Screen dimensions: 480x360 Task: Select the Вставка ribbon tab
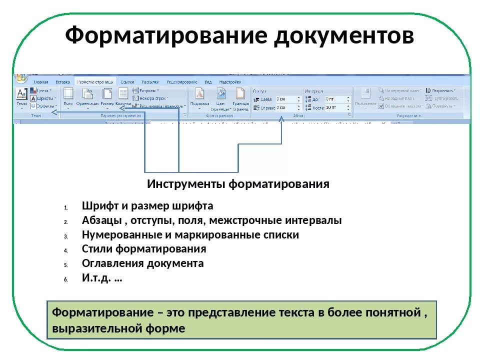click(62, 81)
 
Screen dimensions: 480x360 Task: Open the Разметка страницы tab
click(95, 81)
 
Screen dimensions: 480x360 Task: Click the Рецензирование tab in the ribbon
click(181, 81)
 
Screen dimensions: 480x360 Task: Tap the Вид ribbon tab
click(208, 81)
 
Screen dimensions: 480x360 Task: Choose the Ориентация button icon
click(87, 93)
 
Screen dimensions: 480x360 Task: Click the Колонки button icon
click(123, 93)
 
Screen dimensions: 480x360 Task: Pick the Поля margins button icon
click(68, 93)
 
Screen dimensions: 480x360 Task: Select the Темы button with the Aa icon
click(21, 93)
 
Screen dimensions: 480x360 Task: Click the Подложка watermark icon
click(199, 93)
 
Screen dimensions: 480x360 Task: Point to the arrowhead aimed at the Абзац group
click(281, 119)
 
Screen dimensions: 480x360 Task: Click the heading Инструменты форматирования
click(238, 184)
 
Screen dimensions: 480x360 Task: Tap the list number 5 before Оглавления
click(65, 264)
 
